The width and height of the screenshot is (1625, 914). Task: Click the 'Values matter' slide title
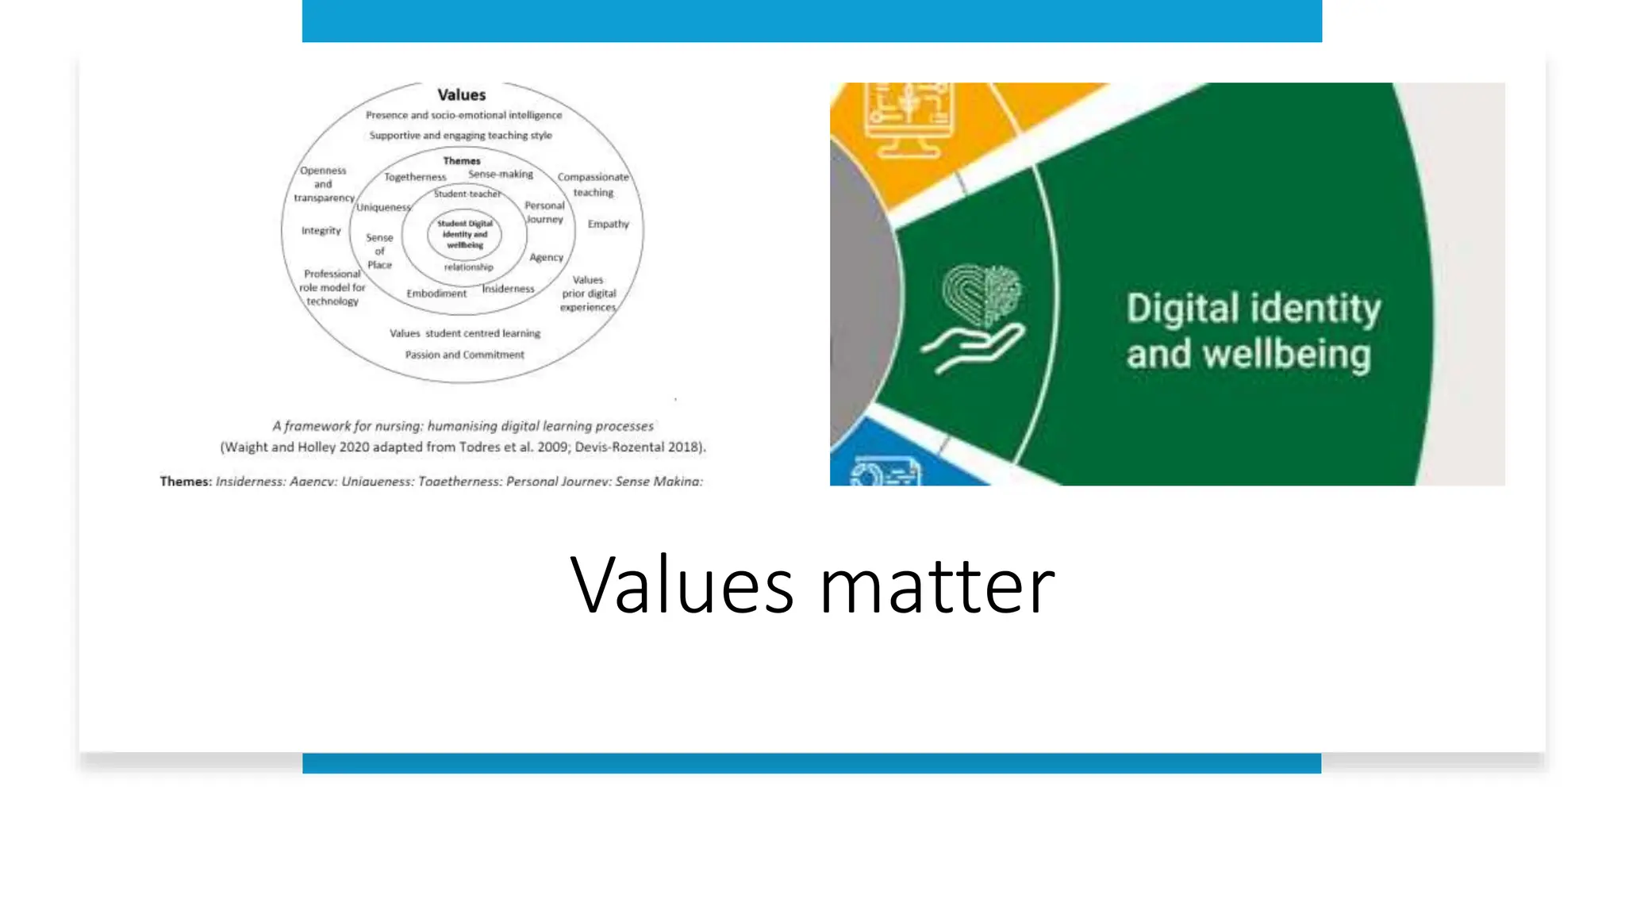[x=812, y=586]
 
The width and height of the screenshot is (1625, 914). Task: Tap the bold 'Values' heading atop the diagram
[x=461, y=95]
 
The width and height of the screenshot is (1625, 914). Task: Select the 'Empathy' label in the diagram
[x=608, y=225]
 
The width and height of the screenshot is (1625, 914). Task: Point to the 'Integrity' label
[x=321, y=231]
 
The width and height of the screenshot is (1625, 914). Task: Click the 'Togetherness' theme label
[x=415, y=177]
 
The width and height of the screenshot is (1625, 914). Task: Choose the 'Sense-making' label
[x=501, y=174]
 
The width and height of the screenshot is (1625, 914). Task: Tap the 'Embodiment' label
[x=436, y=294]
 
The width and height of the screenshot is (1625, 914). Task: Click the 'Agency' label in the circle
[x=546, y=258]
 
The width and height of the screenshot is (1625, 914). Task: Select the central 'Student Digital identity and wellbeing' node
[x=465, y=234]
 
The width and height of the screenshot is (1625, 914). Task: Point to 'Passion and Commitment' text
[x=464, y=355]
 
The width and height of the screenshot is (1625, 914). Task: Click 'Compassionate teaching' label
[x=594, y=185]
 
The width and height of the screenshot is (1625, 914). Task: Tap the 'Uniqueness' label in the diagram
[x=383, y=208]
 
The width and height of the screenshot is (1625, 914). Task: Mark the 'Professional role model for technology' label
[x=332, y=287]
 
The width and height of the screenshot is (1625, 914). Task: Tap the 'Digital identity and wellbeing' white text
[x=1252, y=331]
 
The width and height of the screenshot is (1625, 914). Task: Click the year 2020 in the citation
[x=354, y=447]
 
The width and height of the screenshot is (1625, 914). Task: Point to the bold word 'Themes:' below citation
[x=186, y=481]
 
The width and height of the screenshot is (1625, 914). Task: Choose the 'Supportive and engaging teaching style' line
[x=460, y=136]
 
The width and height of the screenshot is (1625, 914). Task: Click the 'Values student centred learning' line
[x=464, y=334]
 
